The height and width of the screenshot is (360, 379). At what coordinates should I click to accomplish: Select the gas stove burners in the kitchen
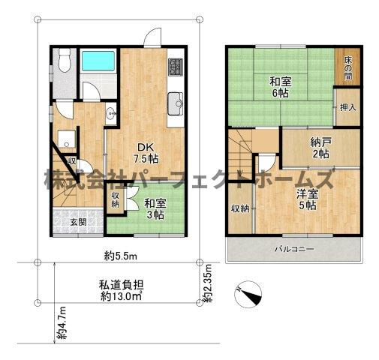pyautogui.click(x=175, y=65)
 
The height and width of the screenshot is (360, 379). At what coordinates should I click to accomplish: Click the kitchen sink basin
pyautogui.click(x=176, y=100)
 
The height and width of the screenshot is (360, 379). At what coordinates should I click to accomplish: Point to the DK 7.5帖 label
pyautogui.click(x=146, y=152)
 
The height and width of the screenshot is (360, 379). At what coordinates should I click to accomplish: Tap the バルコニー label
pyautogui.click(x=293, y=249)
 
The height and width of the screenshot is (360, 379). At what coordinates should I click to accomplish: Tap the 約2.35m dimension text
pyautogui.click(x=209, y=284)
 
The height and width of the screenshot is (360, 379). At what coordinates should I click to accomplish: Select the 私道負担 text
pyautogui.click(x=121, y=284)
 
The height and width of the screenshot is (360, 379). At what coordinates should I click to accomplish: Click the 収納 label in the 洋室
pyautogui.click(x=239, y=208)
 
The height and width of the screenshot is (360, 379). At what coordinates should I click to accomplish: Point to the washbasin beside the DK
pyautogui.click(x=110, y=115)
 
